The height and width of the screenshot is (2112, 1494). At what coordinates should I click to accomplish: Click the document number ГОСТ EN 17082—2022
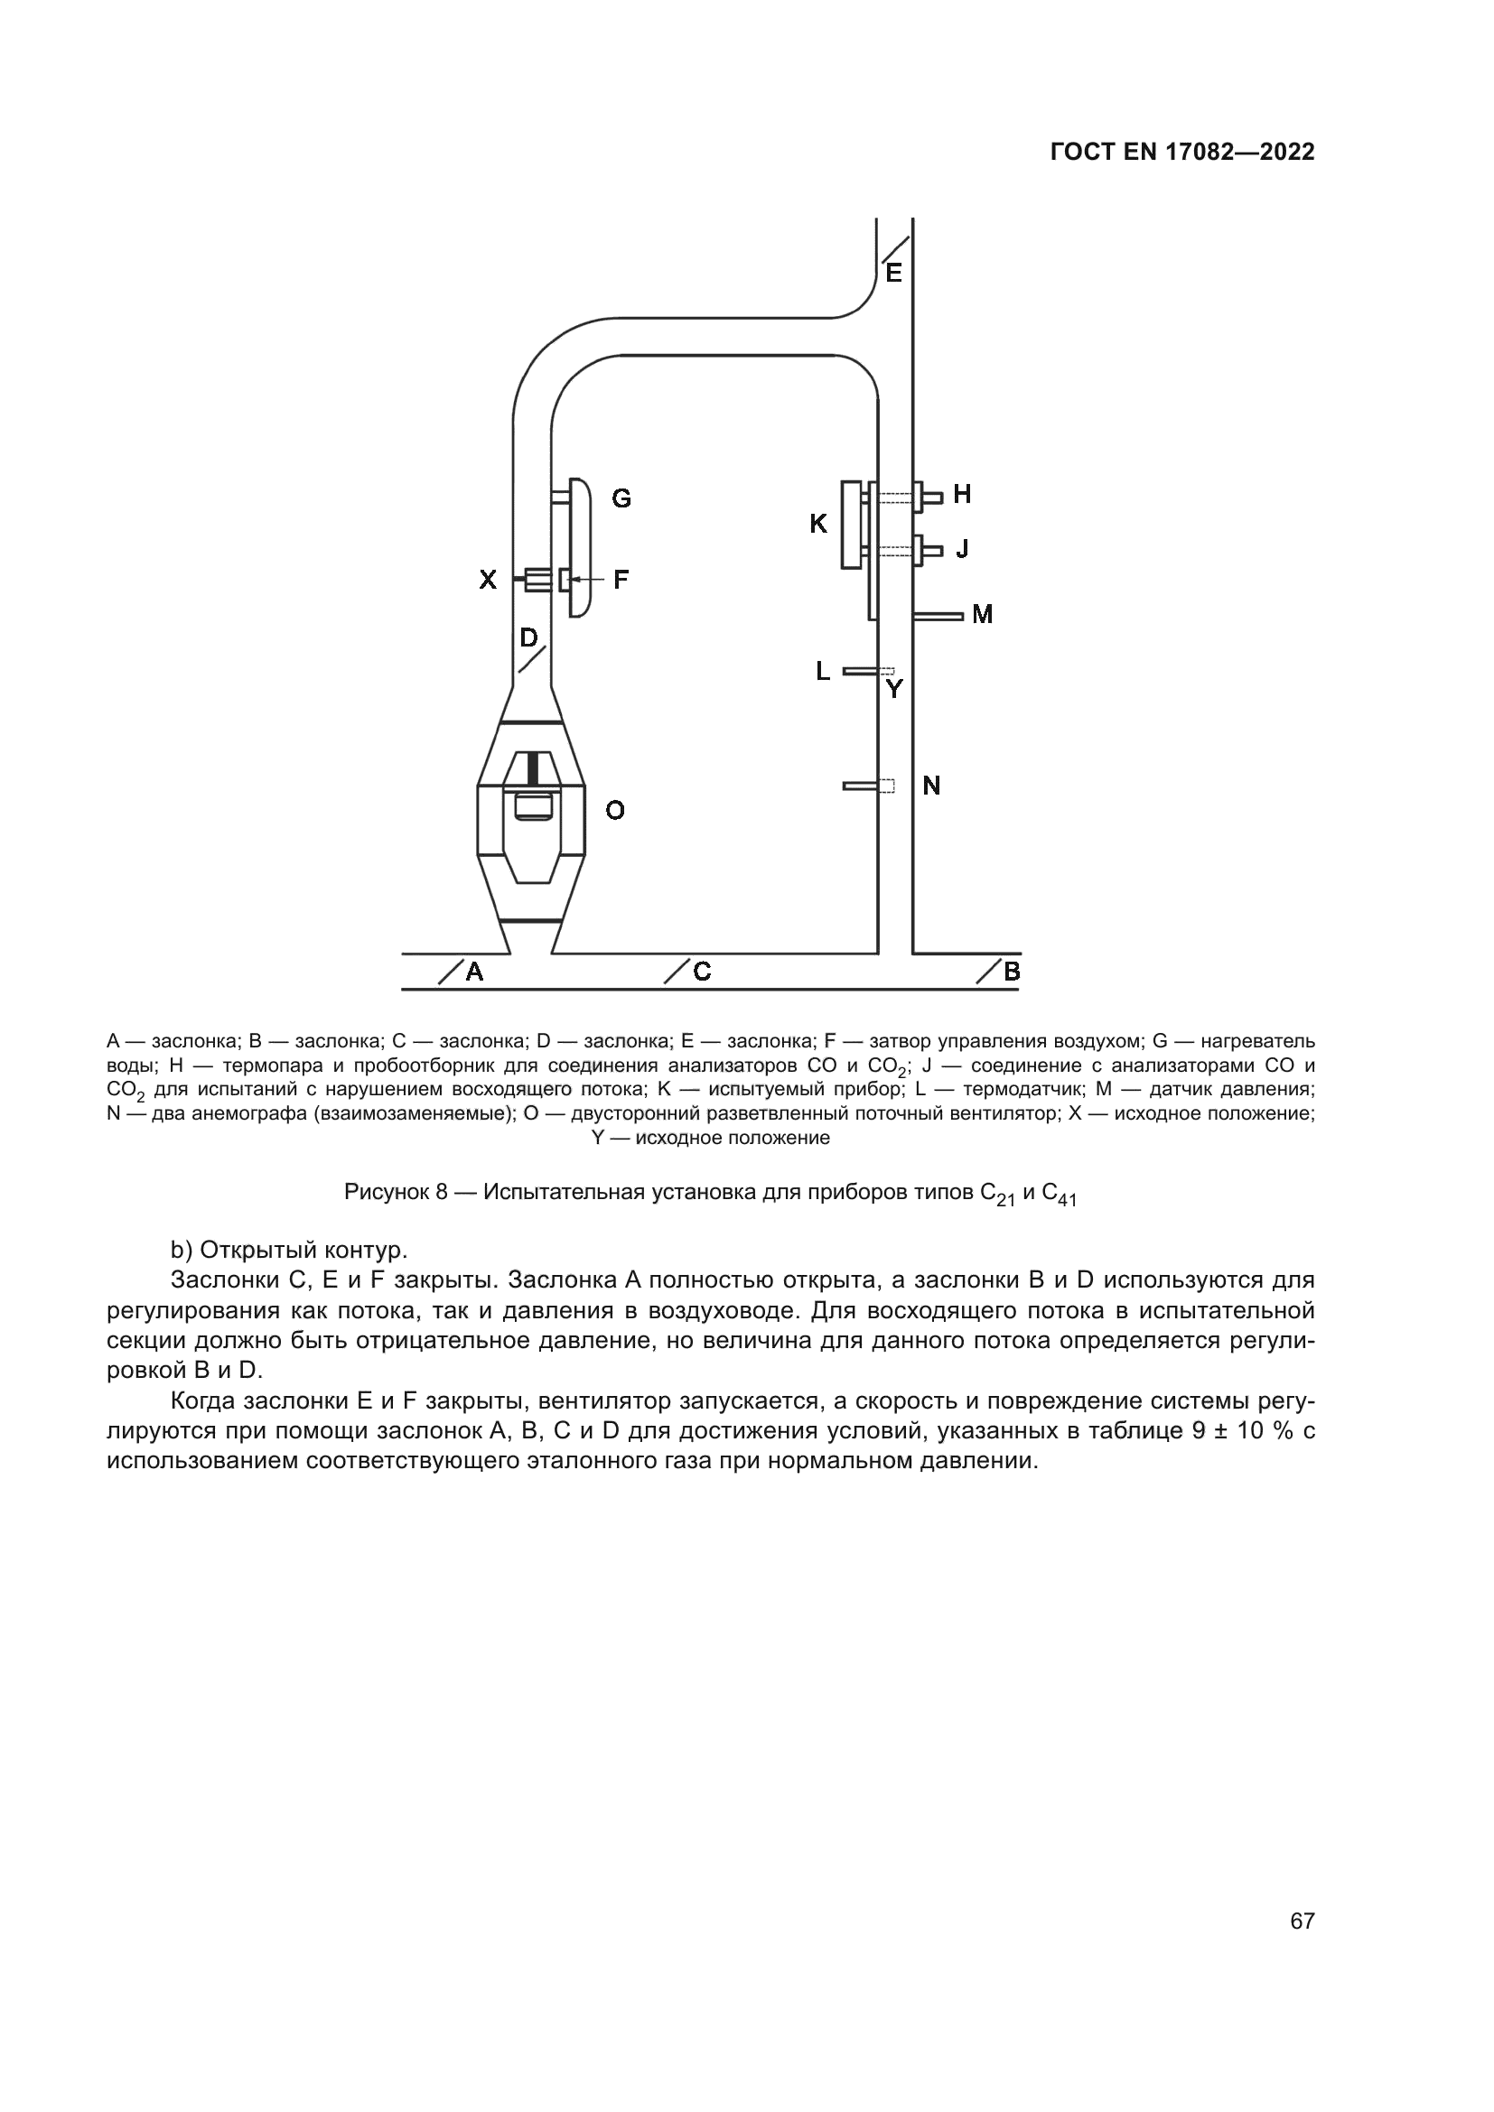coord(1182,153)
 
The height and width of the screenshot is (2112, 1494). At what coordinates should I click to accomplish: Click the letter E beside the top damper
coord(893,274)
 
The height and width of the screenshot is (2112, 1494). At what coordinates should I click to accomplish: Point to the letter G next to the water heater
coord(621,498)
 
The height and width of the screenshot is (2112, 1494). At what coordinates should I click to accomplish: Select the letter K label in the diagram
coord(817,525)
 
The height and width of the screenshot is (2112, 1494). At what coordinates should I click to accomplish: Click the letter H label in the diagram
coord(962,495)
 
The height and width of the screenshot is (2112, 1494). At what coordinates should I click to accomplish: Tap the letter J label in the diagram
coord(962,549)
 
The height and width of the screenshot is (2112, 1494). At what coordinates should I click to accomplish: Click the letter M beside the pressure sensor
coord(983,615)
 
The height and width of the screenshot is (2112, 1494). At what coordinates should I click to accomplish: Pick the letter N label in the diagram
coord(931,786)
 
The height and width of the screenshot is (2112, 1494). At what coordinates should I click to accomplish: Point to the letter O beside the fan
coord(615,810)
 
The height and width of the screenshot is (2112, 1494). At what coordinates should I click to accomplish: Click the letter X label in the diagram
coord(488,580)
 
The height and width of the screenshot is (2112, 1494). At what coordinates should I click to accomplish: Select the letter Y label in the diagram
coord(894,688)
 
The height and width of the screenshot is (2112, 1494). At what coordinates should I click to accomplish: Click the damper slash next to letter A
coord(450,972)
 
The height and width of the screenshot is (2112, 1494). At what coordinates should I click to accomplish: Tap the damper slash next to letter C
coord(677,972)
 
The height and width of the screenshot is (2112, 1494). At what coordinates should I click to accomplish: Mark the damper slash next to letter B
coord(989,972)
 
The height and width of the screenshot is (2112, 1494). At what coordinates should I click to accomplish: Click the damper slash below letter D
coord(532,658)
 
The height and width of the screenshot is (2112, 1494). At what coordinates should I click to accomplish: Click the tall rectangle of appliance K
coord(851,525)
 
